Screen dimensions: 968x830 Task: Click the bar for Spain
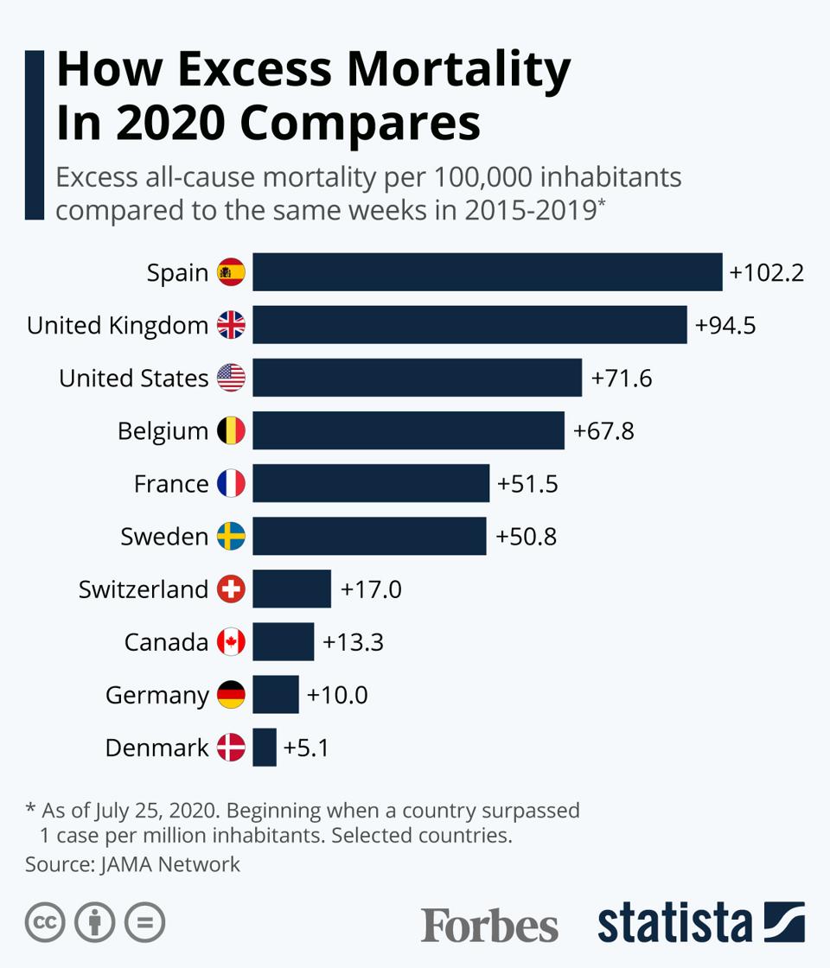point(487,272)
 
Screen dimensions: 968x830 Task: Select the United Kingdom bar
point(469,325)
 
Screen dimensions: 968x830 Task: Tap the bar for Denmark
point(265,747)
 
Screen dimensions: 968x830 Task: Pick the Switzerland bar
point(291,589)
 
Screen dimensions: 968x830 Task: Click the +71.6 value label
point(622,378)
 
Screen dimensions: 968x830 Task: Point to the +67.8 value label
point(603,430)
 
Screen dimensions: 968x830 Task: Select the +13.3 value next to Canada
point(353,642)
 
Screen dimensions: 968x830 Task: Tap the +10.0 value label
point(337,695)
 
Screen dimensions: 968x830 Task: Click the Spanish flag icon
point(231,273)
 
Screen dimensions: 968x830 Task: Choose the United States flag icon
point(231,378)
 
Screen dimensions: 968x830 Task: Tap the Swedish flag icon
point(231,536)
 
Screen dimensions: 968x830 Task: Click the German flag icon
point(231,695)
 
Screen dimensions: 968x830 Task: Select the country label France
point(171,483)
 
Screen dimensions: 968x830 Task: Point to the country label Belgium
point(163,430)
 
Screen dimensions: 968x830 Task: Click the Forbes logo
point(489,925)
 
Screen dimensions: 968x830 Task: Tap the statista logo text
point(675,923)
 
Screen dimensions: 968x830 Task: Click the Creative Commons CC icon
point(45,923)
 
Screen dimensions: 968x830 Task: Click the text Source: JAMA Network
point(132,863)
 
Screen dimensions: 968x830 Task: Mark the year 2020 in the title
point(169,122)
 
